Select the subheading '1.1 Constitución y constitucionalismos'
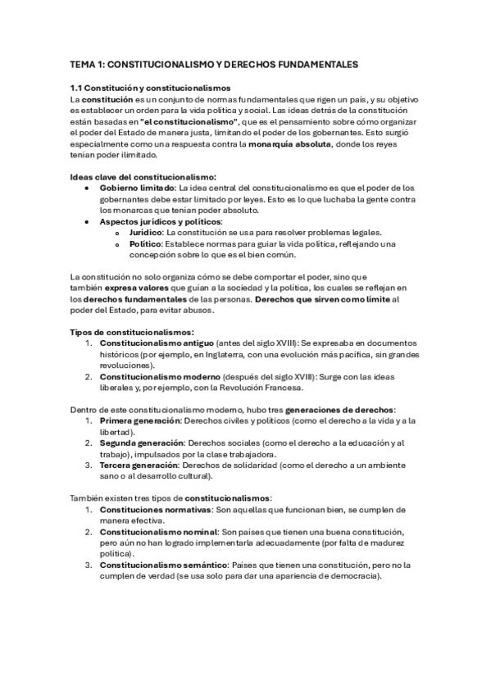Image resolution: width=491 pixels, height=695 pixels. point(150,88)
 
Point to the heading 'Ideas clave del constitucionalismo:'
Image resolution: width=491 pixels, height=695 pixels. point(143,176)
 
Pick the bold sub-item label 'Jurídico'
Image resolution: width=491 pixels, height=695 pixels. point(151,233)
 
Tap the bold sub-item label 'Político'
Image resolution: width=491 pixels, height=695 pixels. point(145,243)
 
